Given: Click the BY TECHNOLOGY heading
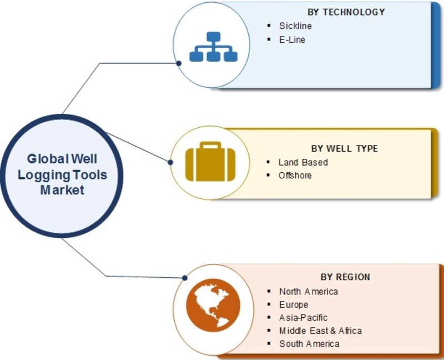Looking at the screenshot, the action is point(346,12).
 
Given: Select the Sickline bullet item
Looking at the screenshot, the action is point(295,26).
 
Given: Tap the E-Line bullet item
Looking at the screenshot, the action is point(292,39).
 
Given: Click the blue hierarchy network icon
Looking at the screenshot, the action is point(213,47).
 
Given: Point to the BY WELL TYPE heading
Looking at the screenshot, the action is point(344,148).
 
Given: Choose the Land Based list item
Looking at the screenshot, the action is point(303,162).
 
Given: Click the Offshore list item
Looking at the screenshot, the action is point(295,176).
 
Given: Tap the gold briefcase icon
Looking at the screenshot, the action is point(210,162).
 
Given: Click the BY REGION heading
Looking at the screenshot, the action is point(345,277).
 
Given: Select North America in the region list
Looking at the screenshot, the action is point(309,292).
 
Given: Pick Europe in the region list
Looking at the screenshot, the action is point(294,305).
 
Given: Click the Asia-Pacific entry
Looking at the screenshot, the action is point(303,318).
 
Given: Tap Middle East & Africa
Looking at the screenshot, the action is point(321,331).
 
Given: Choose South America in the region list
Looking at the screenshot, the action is point(309,344).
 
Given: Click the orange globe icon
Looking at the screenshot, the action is point(213,306).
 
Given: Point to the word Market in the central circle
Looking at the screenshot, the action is point(62,190).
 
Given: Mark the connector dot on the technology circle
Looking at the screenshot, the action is point(179,63).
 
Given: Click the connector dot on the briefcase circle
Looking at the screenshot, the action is point(170,162).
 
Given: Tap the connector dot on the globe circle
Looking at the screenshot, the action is point(185,278).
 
